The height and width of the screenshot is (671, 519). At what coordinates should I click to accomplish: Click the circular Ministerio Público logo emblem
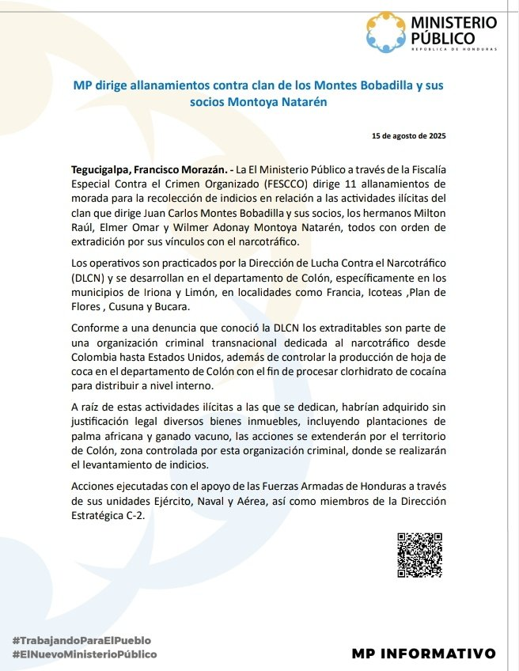click(386, 32)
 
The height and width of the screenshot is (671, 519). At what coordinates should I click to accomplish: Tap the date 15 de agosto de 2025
click(409, 136)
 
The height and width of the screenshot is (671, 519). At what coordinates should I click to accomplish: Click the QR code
click(419, 555)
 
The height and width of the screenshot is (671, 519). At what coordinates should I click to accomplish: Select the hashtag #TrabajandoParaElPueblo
click(81, 639)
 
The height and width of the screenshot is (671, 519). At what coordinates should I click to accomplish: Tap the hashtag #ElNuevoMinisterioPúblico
click(85, 654)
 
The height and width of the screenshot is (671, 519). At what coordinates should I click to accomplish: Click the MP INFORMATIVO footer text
click(424, 654)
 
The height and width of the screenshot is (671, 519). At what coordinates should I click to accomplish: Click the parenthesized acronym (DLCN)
click(89, 279)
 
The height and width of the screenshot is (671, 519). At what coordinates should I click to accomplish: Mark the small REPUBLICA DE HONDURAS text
click(453, 50)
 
